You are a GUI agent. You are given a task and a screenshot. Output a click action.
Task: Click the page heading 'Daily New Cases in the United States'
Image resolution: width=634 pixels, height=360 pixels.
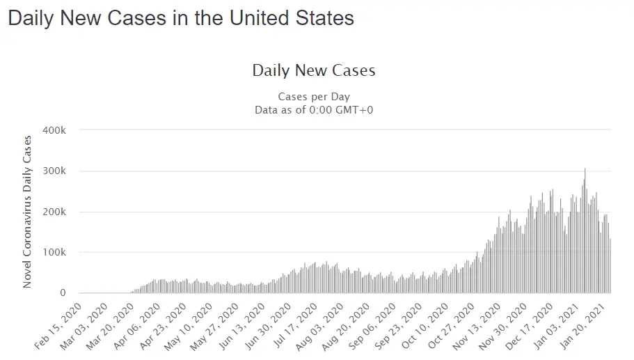181,18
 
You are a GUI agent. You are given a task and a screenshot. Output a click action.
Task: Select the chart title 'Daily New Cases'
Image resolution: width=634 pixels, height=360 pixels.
313,70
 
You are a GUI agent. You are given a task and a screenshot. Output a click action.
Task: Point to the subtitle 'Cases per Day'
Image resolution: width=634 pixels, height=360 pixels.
313,96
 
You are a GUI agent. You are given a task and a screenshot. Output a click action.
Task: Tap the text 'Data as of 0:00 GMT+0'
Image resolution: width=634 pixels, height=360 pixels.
313,109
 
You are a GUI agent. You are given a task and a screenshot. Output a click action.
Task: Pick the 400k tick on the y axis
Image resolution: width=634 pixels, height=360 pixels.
54,130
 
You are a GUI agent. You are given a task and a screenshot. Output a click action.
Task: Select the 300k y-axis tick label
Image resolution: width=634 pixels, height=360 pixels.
54,171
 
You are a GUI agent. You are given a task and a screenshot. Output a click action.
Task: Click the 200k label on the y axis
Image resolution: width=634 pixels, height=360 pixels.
54,212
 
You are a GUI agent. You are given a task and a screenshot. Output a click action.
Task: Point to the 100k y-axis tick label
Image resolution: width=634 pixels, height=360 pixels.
54,252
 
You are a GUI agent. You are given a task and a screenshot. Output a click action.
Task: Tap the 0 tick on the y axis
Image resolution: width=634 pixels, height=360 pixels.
63,293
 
